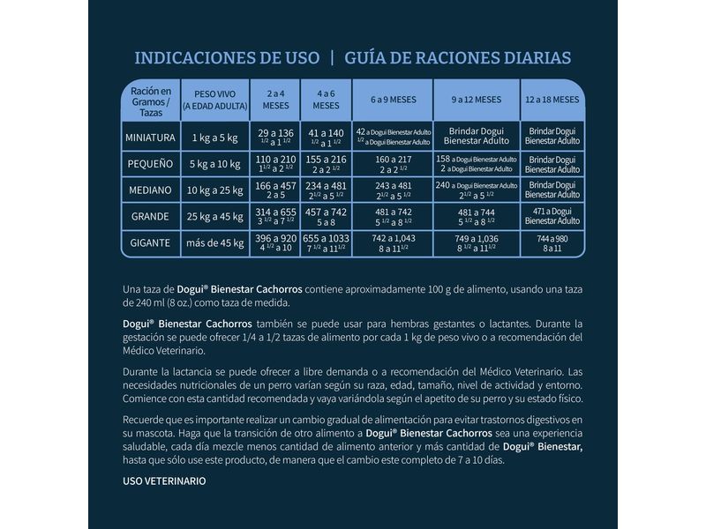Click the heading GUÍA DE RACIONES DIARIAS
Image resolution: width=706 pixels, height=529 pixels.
pos(458,58)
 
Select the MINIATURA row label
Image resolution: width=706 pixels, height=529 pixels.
pos(149,137)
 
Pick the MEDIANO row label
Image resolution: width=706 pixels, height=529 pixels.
pos(149,190)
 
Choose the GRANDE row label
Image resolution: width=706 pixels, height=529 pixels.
pos(149,216)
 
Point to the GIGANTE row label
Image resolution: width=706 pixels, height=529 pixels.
pos(149,242)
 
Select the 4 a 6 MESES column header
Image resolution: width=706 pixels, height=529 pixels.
pos(326,99)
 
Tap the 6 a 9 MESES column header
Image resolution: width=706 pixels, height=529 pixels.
pos(394,100)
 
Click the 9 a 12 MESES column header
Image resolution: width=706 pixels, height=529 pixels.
pos(477,100)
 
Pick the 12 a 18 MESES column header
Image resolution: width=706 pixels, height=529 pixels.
pos(552,100)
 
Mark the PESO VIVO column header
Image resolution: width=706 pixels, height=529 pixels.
pos(214,99)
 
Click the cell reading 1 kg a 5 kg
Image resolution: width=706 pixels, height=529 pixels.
pos(214,137)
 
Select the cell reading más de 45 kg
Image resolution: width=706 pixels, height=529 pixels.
pos(214,242)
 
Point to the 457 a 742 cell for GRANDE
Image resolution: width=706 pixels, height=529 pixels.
pos(326,216)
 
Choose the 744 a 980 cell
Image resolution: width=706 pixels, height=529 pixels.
pos(552,242)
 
